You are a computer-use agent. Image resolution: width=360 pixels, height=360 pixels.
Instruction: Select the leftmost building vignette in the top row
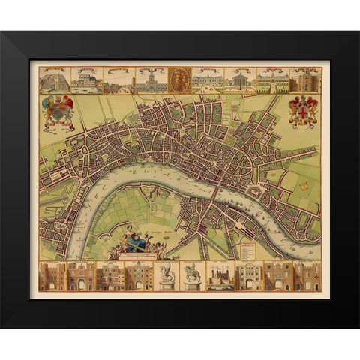pyautogui.click(x=54, y=80)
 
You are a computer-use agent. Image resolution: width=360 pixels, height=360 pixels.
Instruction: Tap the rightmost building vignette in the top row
pyautogui.click(x=306, y=80)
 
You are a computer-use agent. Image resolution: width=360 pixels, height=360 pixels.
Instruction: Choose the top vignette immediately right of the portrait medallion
pyautogui.click(x=207, y=80)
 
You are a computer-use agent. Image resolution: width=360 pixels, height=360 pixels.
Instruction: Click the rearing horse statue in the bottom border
pyautogui.click(x=166, y=275)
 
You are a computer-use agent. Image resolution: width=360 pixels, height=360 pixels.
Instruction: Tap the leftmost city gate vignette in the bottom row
pyautogui.click(x=52, y=276)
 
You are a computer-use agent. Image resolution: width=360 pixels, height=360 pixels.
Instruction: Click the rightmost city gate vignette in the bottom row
pyautogui.click(x=307, y=276)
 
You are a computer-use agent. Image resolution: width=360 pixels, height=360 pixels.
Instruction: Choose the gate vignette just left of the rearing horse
pyautogui.click(x=139, y=276)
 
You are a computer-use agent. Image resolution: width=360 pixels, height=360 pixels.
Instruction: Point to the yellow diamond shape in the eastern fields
pyautogui.click(x=304, y=184)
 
